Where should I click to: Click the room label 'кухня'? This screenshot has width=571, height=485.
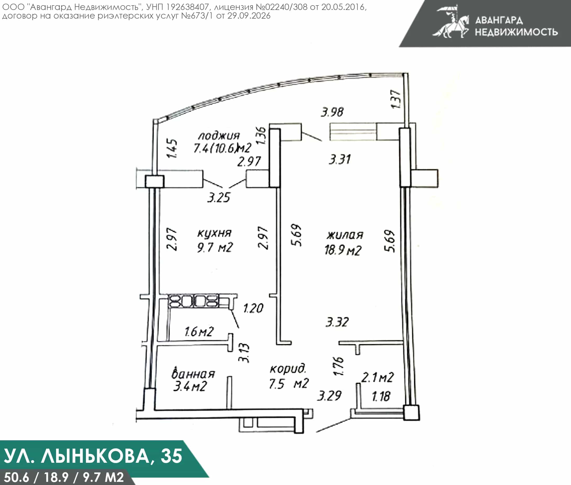click(x=214, y=233)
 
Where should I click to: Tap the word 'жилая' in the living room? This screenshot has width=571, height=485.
click(x=345, y=235)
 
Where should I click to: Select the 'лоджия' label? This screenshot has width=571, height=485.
click(x=219, y=136)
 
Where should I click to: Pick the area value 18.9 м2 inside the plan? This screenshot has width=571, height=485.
click(x=343, y=250)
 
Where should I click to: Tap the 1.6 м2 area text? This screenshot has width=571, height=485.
click(x=199, y=331)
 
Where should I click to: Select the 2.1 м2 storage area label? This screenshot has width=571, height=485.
click(x=377, y=377)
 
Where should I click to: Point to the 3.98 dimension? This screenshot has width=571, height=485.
click(x=332, y=112)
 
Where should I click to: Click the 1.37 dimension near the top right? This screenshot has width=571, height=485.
click(x=396, y=99)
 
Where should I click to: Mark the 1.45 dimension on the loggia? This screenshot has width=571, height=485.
click(x=172, y=148)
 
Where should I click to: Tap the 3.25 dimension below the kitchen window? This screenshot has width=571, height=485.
click(x=219, y=197)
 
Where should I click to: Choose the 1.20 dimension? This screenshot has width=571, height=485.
click(x=254, y=308)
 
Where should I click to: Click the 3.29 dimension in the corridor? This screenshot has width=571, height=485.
click(x=329, y=396)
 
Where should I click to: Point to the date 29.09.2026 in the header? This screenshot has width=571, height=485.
click(x=249, y=16)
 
